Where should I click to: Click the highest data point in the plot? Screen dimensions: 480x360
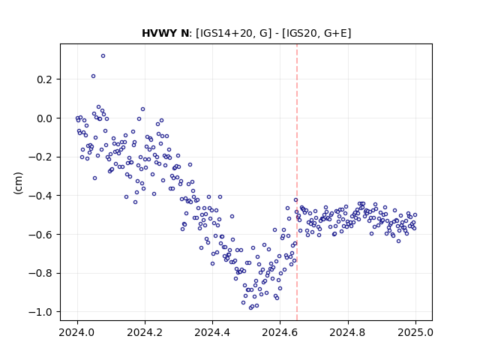[103, 56]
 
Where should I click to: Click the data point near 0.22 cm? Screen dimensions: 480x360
[93, 76]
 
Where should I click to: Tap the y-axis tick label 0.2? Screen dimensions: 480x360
[44, 79]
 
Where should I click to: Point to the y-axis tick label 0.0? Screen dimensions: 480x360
[44, 118]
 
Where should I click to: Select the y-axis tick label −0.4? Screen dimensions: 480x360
[40, 196]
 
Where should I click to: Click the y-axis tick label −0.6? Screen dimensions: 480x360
[40, 235]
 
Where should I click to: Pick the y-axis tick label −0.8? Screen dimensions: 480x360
[40, 273]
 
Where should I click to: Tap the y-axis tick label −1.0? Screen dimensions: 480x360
[40, 312]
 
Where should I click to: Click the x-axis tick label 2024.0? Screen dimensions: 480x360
[77, 332]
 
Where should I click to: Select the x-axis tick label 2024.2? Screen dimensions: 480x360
[145, 332]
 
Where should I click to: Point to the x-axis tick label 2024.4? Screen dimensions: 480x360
[212, 332]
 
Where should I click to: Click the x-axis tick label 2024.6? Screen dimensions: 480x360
[280, 332]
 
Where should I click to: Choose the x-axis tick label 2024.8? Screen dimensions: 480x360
[348, 332]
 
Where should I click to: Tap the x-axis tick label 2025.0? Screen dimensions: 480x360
[415, 332]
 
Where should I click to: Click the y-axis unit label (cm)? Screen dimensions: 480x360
[18, 183]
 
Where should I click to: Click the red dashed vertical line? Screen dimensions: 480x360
[297, 182]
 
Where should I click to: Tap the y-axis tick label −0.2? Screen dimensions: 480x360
[40, 157]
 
